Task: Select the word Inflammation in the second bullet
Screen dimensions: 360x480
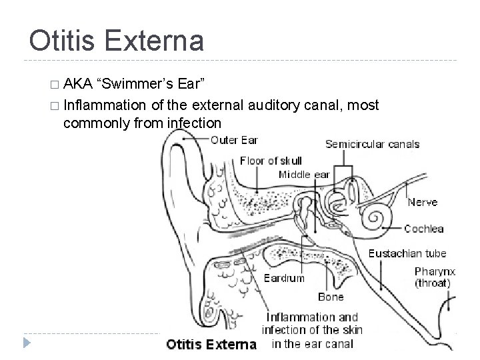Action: [105, 105]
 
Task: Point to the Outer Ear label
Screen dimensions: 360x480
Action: [234, 140]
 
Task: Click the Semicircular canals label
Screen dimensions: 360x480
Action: [372, 144]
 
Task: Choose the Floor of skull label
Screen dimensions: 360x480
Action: [271, 160]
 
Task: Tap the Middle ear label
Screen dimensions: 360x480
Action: [304, 174]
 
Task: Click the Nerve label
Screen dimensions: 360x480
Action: [423, 201]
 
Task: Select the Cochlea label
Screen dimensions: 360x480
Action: [423, 229]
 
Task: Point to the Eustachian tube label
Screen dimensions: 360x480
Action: [407, 253]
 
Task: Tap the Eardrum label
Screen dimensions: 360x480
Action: [283, 279]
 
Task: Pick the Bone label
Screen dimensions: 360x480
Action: [331, 296]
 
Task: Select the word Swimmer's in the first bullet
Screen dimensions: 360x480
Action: [131, 85]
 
